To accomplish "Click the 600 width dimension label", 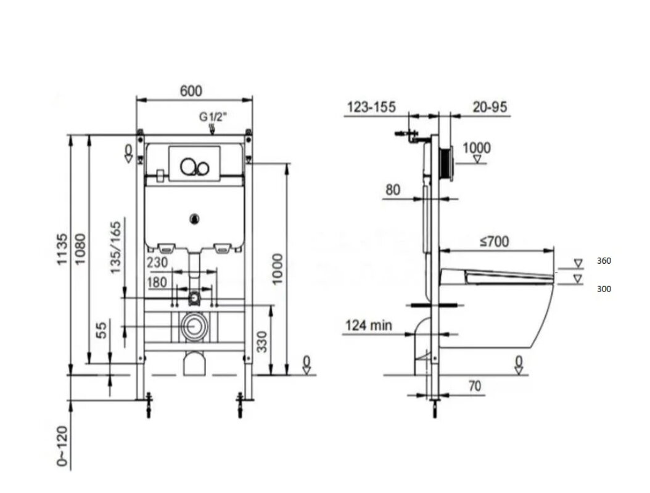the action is tap(191, 91).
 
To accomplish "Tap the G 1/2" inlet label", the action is tap(213, 117).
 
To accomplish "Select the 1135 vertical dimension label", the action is tap(61, 250).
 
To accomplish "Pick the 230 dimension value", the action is tap(157, 263).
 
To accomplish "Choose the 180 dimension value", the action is tap(157, 282).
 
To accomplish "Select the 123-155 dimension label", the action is tap(371, 107).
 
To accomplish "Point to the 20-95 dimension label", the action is tap(490, 107).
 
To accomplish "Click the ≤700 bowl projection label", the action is tap(494, 241).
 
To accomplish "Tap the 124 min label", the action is tap(369, 325).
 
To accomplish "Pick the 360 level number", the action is tap(604, 261).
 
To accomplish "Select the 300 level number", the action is tap(604, 289).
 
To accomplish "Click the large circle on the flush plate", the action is tap(188, 166).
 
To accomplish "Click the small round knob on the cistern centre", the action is tap(194, 219).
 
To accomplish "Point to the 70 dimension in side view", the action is tap(475, 386).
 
